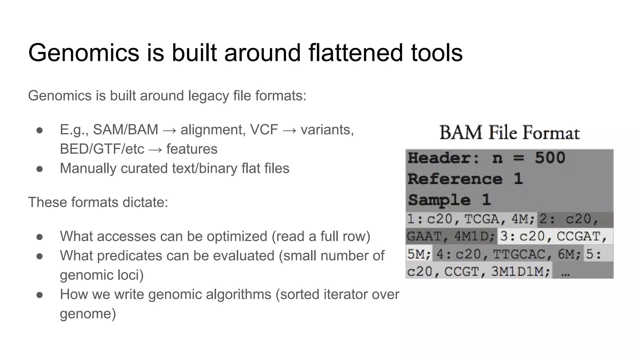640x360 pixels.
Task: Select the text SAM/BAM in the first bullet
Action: [125, 130]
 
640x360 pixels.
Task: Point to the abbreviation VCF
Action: [264, 130]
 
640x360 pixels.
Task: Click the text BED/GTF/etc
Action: [102, 149]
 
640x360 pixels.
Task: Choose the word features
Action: [192, 149]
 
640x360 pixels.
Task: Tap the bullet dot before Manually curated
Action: [39, 169]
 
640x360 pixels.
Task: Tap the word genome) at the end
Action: [88, 314]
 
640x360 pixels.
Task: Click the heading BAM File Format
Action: [509, 132]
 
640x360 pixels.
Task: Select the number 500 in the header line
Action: [550, 158]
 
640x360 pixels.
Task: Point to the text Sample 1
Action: [449, 200]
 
